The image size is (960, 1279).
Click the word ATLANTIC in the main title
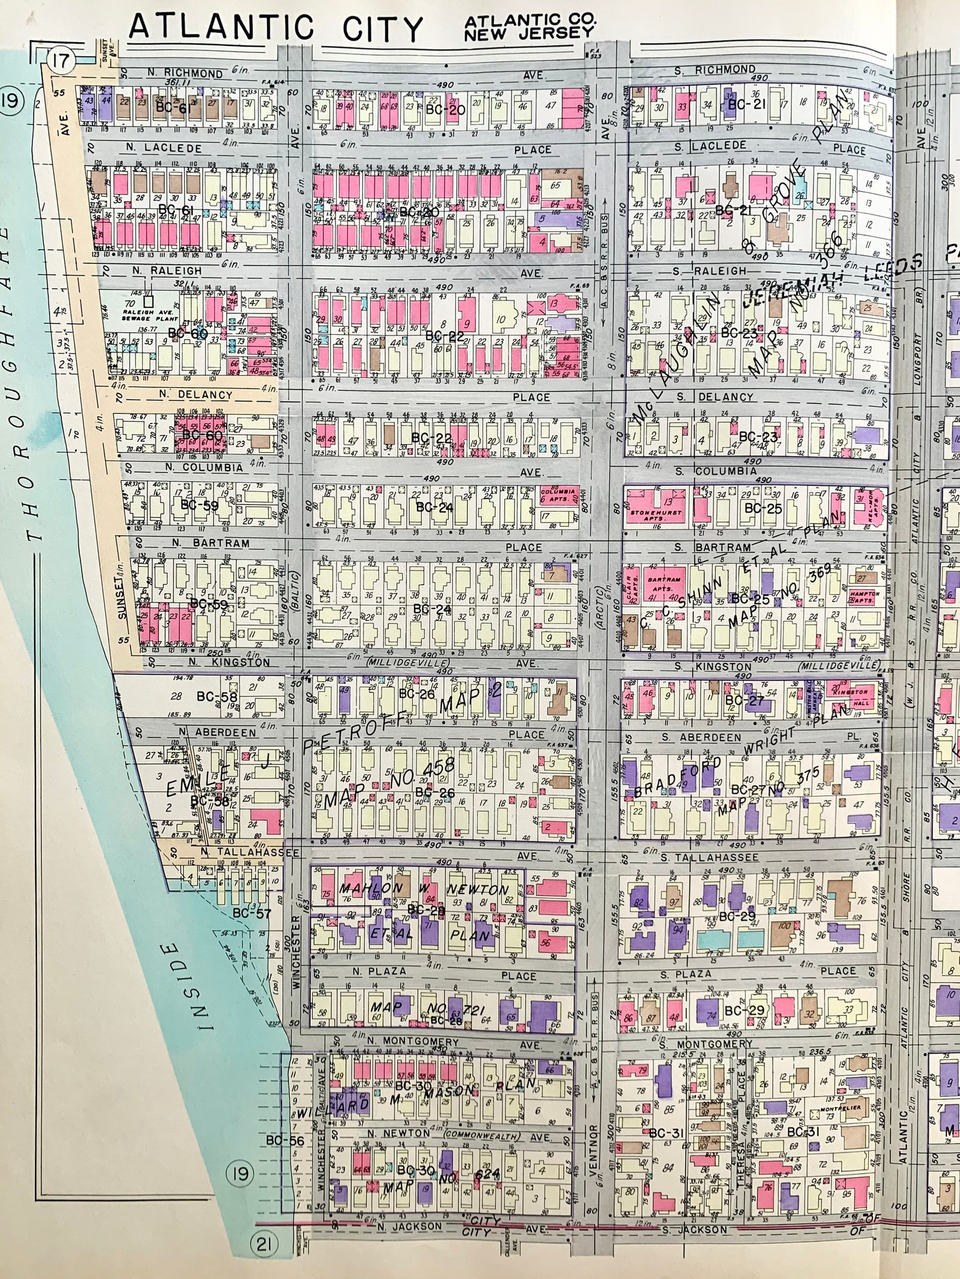[221, 28]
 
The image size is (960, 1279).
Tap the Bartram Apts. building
[663, 582]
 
